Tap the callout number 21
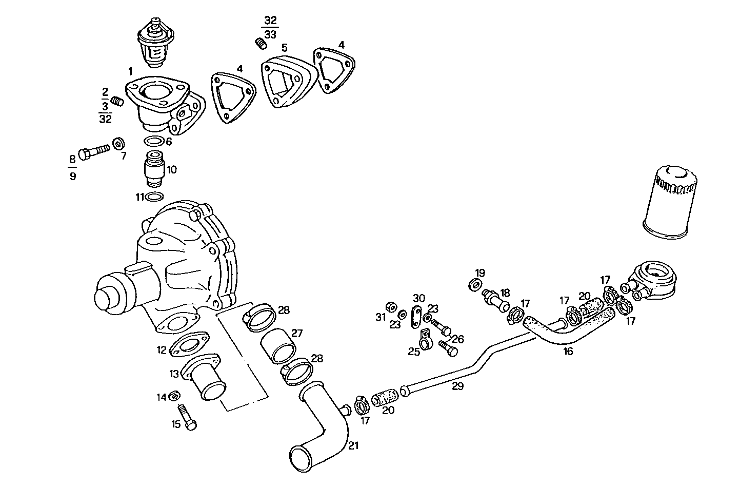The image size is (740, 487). [353, 445]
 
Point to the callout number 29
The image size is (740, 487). [457, 386]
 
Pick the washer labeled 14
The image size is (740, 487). [175, 396]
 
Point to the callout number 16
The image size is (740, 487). [568, 352]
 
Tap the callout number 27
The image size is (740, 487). [297, 333]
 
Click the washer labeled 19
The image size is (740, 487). [475, 284]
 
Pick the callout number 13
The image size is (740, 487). [174, 374]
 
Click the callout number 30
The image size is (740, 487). [419, 298]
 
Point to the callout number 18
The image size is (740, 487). [505, 293]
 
